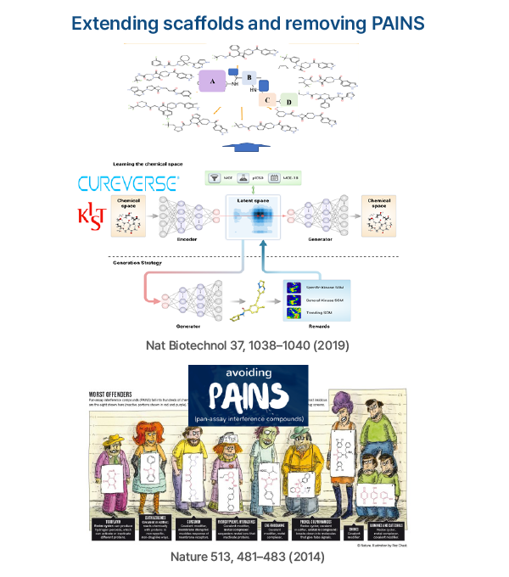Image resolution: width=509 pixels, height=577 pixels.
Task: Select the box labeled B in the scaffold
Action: click(x=249, y=79)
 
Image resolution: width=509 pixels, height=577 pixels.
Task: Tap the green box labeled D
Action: click(x=288, y=103)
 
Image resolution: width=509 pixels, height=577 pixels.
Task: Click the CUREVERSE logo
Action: click(x=128, y=182)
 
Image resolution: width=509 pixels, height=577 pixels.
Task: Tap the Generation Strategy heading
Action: click(x=137, y=263)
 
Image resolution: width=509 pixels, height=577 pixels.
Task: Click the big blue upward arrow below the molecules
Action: click(x=252, y=143)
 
